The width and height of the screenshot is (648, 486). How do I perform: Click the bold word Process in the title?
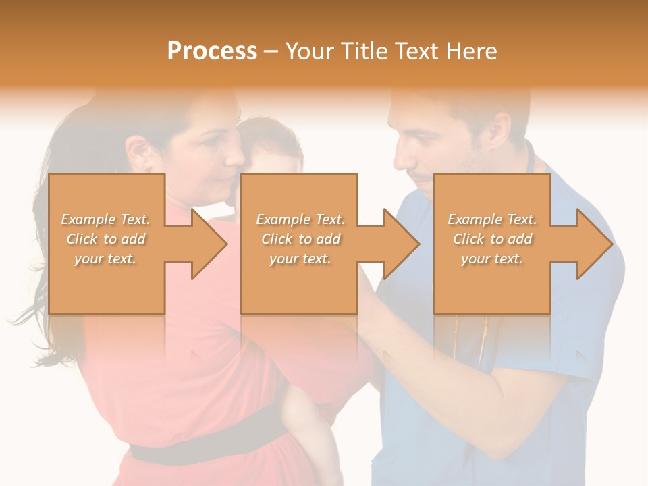point(212,51)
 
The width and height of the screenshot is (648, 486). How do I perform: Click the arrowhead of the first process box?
point(209,244)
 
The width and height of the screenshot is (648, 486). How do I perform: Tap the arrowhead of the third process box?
point(595,244)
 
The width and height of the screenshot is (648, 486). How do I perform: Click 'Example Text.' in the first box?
point(105,219)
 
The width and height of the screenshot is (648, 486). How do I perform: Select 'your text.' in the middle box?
point(300,259)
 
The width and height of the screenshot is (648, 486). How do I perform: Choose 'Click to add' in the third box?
point(492,239)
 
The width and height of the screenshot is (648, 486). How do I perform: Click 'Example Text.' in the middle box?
point(300,219)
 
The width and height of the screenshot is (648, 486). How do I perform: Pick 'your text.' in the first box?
point(105,259)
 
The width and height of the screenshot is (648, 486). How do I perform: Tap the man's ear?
point(500,128)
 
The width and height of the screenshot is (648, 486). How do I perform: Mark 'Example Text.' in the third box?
point(492,219)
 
